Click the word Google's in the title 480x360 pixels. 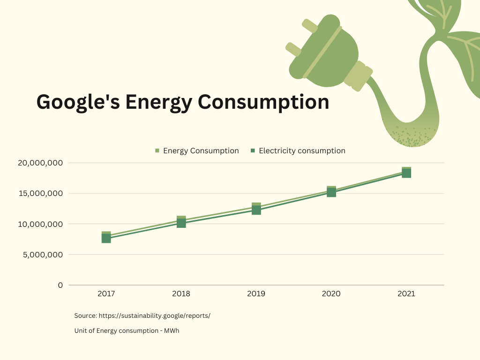(x=78, y=102)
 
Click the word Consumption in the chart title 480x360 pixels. (x=263, y=102)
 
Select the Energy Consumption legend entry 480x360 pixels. (x=197, y=150)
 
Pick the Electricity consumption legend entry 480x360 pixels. (x=298, y=150)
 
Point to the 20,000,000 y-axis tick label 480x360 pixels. (x=40, y=163)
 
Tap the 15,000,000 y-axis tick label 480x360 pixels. (x=41, y=194)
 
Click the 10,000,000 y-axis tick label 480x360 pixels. (x=40, y=224)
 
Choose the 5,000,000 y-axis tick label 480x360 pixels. (x=43, y=255)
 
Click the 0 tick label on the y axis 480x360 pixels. (x=60, y=285)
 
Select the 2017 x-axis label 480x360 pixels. (x=106, y=294)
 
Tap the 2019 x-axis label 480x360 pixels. (x=256, y=294)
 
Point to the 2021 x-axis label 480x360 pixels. (x=406, y=294)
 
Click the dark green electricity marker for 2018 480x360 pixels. (x=181, y=223)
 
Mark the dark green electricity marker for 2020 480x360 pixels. (x=331, y=193)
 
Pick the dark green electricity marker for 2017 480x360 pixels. (x=106, y=238)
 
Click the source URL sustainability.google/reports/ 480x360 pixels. (x=155, y=315)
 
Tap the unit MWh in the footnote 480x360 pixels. (x=172, y=330)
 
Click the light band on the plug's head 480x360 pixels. (x=322, y=52)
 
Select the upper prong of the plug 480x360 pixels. (x=310, y=26)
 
